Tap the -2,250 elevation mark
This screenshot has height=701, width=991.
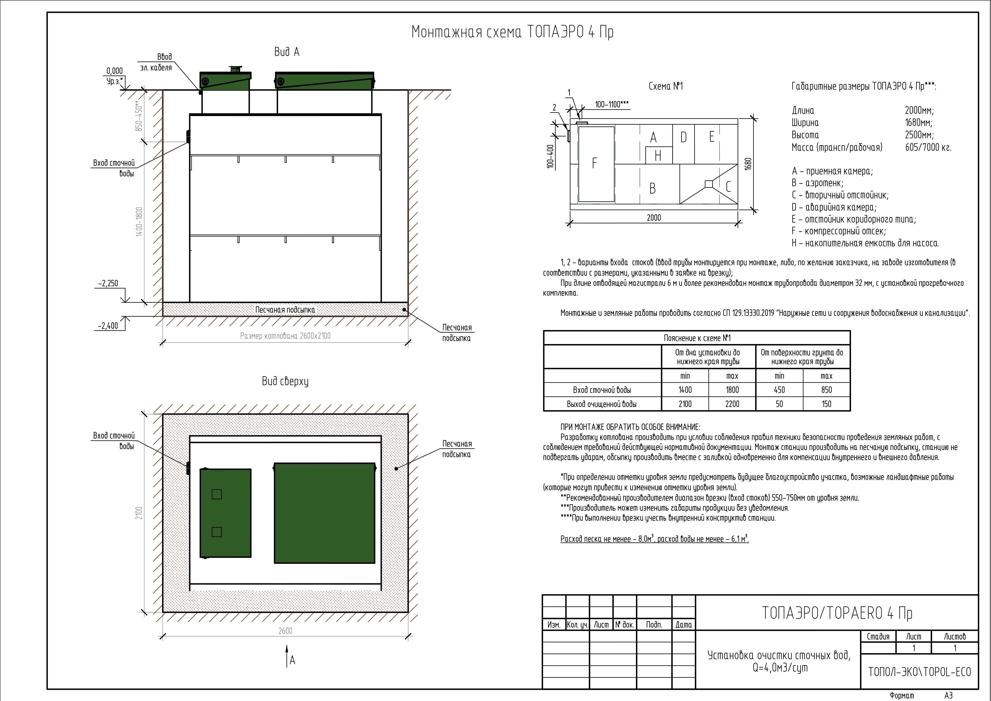tap(108, 284)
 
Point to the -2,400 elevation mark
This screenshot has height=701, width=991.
tap(108, 326)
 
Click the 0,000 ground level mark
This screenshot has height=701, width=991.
tap(114, 71)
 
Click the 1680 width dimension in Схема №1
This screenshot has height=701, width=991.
tap(748, 164)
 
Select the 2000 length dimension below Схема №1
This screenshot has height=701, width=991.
tap(654, 218)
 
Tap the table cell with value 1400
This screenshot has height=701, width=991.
tap(685, 390)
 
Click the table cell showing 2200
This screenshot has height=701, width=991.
tap(732, 404)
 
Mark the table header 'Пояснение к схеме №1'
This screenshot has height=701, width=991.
tap(697, 338)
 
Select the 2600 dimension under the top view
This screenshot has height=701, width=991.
tap(285, 631)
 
